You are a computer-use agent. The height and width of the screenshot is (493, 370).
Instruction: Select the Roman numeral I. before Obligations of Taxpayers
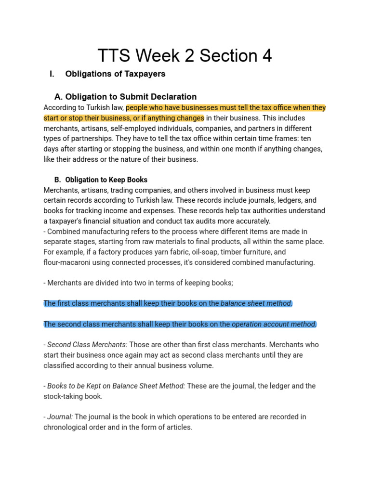point(53,74)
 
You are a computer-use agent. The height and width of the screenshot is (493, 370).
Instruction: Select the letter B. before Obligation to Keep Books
point(57,180)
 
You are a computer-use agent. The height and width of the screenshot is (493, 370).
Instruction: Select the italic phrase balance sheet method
point(256,303)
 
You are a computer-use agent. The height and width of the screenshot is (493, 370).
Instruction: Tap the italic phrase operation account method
point(274,324)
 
